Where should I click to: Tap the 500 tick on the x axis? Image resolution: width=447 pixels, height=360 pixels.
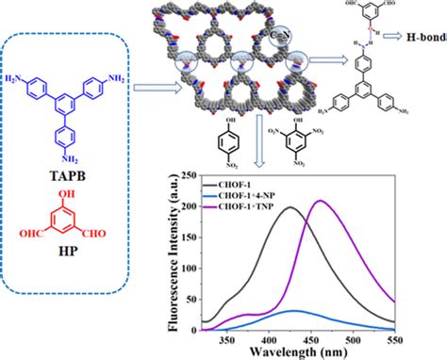click(x=395, y=339)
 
